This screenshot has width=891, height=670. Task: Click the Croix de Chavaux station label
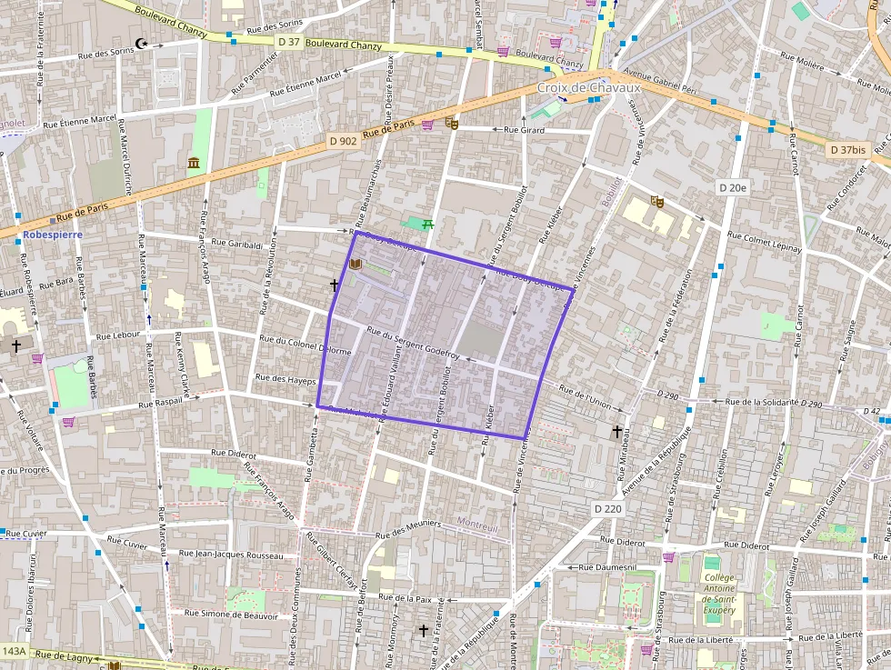coord(589,87)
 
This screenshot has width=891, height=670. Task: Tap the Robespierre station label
coord(52,235)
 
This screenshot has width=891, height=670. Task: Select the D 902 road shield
coord(344,141)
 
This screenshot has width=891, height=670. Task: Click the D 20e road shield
coord(732,188)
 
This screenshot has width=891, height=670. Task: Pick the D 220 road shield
coord(609,509)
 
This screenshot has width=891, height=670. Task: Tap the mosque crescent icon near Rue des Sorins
coord(141,43)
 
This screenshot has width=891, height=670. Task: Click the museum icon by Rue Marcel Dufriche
coord(194,163)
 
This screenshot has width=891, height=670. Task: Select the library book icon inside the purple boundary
coord(355,265)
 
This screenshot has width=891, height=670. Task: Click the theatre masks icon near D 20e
coord(657,201)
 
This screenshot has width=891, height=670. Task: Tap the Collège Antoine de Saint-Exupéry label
coord(718,594)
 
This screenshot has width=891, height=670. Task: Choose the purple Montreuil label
coord(478,525)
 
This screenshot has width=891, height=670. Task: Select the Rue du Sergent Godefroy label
coord(414,344)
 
